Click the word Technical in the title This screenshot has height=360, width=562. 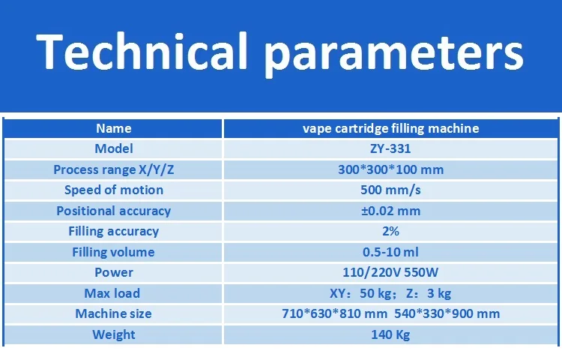(x=142, y=51)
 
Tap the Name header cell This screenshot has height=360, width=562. (x=114, y=128)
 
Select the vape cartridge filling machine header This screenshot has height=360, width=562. (x=390, y=128)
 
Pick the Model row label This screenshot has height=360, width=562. (x=114, y=148)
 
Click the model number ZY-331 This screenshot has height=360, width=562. (x=390, y=148)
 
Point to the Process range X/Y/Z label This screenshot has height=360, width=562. (x=114, y=169)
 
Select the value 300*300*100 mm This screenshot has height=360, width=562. (x=390, y=169)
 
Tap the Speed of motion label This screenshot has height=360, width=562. (x=114, y=190)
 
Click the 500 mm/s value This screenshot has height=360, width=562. (x=390, y=190)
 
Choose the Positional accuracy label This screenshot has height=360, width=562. (x=114, y=211)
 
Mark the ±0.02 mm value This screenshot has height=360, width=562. (x=390, y=211)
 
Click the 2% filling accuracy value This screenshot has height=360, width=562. (x=390, y=231)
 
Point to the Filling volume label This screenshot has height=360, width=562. (x=114, y=252)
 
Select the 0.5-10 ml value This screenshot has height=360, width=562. (x=390, y=252)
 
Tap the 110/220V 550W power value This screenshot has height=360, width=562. (x=390, y=272)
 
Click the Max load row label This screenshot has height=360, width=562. (x=112, y=293)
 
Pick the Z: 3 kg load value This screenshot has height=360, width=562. (x=429, y=293)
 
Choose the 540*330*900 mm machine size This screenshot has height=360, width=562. (x=447, y=313)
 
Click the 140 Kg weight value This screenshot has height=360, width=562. (x=390, y=334)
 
